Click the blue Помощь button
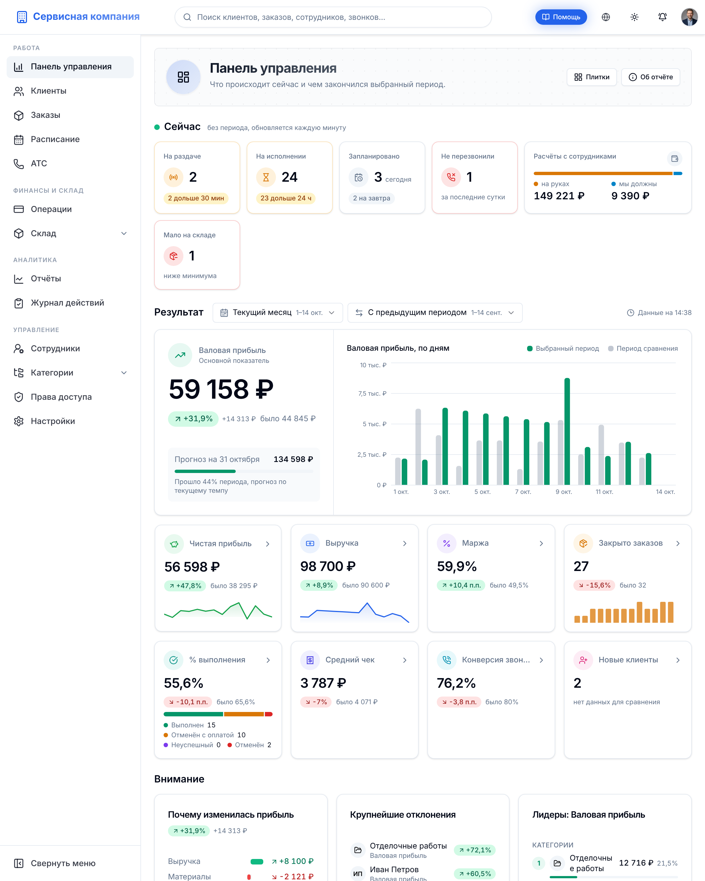[561, 17]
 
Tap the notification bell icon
[663, 17]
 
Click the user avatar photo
[690, 17]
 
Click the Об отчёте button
[651, 77]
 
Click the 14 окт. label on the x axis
[665, 492]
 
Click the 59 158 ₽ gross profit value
[221, 389]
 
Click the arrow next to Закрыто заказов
[678, 543]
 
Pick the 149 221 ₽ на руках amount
[559, 196]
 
